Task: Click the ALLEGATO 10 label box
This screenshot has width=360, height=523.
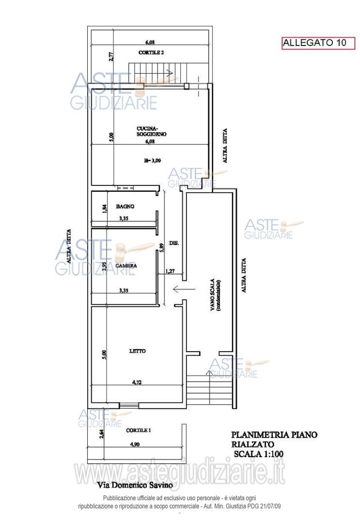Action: [318, 43]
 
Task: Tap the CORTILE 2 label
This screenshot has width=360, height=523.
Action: [151, 53]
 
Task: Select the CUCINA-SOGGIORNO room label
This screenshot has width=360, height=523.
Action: [152, 131]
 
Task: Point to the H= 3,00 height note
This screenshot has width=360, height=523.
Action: [153, 160]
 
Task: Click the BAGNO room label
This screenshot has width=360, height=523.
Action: [125, 206]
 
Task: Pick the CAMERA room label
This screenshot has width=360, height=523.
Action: [126, 265]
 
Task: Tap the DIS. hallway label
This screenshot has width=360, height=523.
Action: [174, 244]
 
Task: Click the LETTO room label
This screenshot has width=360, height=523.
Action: [138, 351]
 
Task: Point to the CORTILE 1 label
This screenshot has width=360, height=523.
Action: [139, 431]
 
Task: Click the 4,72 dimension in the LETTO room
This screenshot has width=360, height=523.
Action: [137, 382]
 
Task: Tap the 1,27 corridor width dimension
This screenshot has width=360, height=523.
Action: [170, 271]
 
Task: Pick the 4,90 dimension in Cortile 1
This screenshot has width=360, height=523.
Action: [135, 444]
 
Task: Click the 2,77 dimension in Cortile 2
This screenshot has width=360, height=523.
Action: [111, 55]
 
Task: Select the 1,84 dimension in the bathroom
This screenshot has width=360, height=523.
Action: [104, 209]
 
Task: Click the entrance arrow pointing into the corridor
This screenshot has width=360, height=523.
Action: [184, 290]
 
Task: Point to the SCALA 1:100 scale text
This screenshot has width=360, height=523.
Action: [259, 454]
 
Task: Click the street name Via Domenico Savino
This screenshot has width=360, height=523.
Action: [135, 485]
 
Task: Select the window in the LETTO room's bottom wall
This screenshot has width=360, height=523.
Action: [129, 406]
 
